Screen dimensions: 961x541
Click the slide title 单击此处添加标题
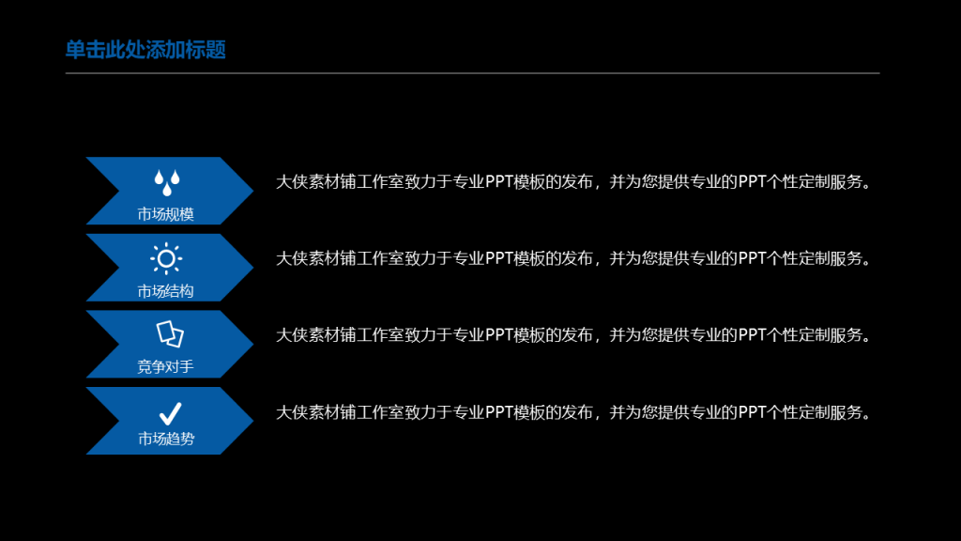pyautogui.click(x=145, y=50)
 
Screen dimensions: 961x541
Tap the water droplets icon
pyautogui.click(x=167, y=182)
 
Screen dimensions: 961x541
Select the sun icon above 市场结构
pyautogui.click(x=166, y=259)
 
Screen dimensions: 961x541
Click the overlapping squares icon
pyautogui.click(x=170, y=334)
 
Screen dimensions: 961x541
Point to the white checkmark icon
pyautogui.click(x=171, y=414)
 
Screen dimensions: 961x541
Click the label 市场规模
pyautogui.click(x=165, y=214)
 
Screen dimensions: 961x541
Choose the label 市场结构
pyautogui.click(x=165, y=291)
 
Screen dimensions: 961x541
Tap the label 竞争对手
pyautogui.click(x=165, y=367)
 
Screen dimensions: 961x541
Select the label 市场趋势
pyautogui.click(x=166, y=439)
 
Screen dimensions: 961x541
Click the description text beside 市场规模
pyautogui.click(x=573, y=182)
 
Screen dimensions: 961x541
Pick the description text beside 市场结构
pyautogui.click(x=573, y=258)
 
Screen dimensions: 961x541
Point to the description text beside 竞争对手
pyautogui.click(x=573, y=335)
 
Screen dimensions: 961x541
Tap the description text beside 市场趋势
pyautogui.click(x=573, y=412)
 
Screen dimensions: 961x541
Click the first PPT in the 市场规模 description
pyautogui.click(x=499, y=182)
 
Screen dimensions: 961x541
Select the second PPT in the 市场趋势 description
pyautogui.click(x=752, y=412)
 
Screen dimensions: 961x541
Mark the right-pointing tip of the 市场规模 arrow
pyautogui.click(x=253, y=191)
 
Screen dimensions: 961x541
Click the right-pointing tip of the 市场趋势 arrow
pyautogui.click(x=253, y=421)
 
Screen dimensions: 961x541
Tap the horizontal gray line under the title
pyautogui.click(x=473, y=73)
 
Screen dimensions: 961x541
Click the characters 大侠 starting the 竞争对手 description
pyautogui.click(x=292, y=335)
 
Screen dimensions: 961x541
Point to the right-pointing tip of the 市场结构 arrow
pyautogui.click(x=253, y=268)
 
